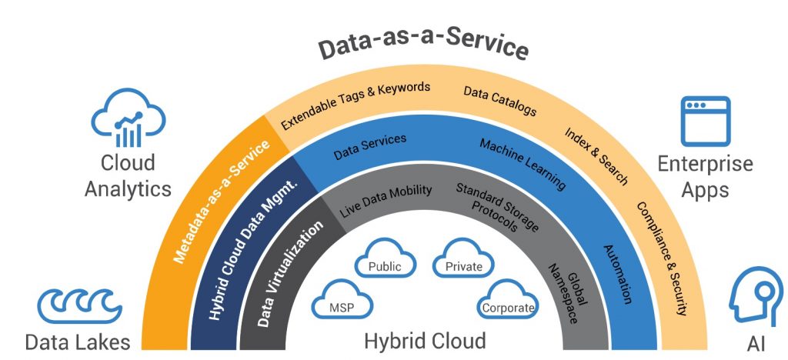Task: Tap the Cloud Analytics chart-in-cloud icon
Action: (129, 118)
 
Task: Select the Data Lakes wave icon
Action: (79, 305)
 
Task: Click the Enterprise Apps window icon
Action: (705, 121)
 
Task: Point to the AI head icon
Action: (755, 297)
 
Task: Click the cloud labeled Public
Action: (385, 258)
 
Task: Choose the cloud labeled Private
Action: (463, 258)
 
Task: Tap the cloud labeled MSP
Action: (342, 299)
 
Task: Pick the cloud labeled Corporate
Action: (508, 299)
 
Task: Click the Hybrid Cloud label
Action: (425, 341)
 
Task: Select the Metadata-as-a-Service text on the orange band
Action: (222, 202)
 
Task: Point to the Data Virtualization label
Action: (290, 274)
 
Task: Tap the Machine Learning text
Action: (523, 164)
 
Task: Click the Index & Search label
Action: (596, 155)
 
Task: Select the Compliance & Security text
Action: (661, 258)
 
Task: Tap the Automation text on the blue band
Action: (617, 274)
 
